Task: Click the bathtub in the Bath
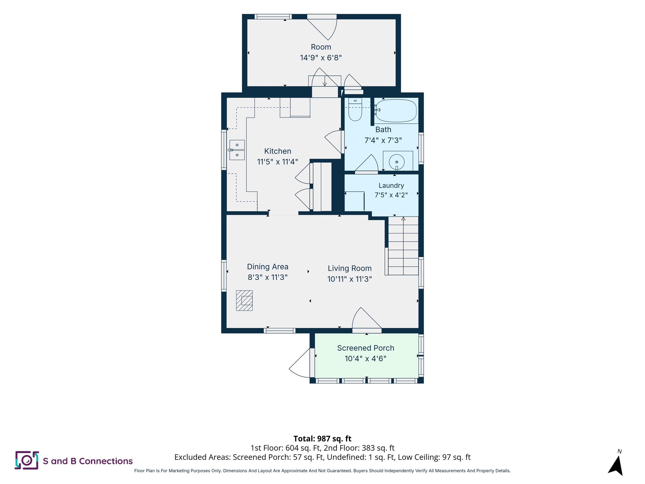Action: (x=396, y=111)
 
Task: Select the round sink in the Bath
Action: (x=397, y=162)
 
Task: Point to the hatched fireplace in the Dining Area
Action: (x=244, y=300)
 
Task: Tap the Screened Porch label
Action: (x=366, y=348)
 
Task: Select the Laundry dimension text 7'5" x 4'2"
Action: (x=391, y=195)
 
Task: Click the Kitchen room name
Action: (x=278, y=151)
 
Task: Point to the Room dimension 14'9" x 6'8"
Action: (x=321, y=58)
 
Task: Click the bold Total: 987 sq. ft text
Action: (x=322, y=438)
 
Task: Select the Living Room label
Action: (x=350, y=268)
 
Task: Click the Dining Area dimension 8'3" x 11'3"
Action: (x=268, y=277)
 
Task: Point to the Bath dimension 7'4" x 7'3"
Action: (x=383, y=140)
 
